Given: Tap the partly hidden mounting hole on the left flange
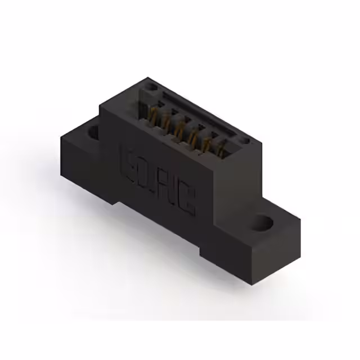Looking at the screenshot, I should pos(93,133).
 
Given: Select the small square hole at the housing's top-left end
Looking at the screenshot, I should pos(152,87).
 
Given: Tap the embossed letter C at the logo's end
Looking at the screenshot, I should pos(188,202).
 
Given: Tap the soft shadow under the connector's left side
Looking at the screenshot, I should pos(84,208).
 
